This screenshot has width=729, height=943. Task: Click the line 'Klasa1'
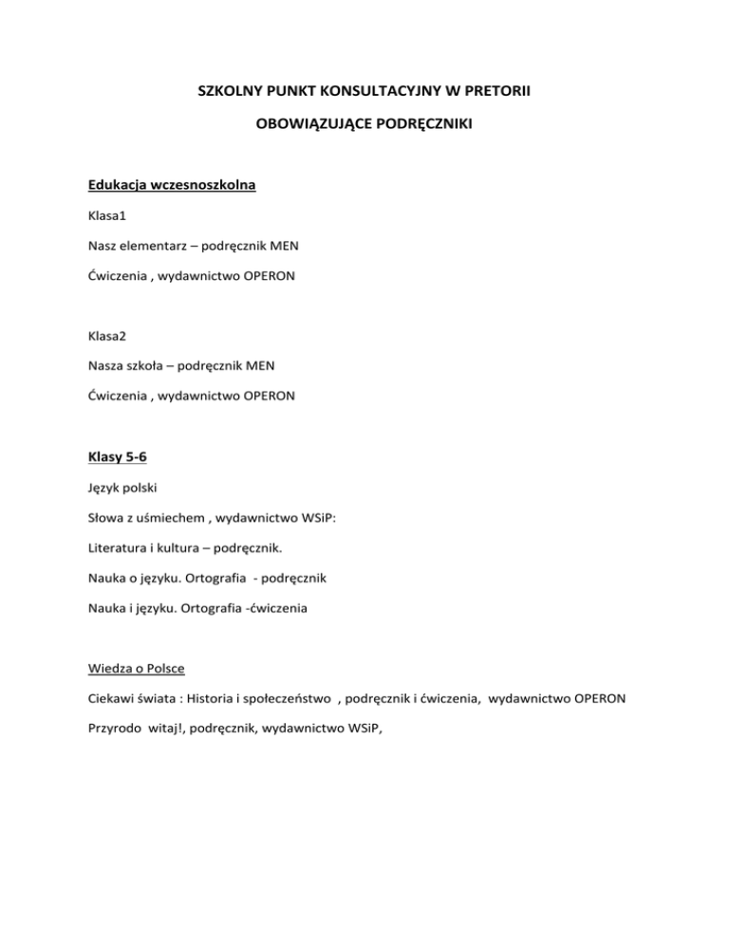pos(108,216)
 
